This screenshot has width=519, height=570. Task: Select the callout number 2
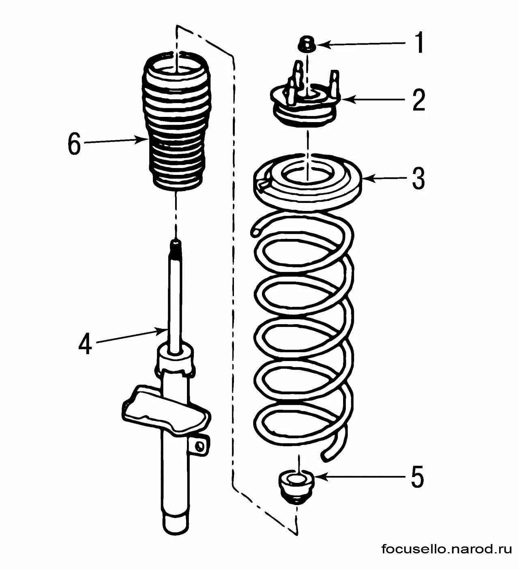pos(419,100)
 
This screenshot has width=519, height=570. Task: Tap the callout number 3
pos(419,179)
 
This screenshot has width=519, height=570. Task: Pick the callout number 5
pos(418,478)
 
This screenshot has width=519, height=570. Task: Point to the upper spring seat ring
pos(307,181)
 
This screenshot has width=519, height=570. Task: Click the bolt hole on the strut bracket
pos(199,446)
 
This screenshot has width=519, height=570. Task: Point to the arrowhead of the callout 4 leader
pos(164,331)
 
